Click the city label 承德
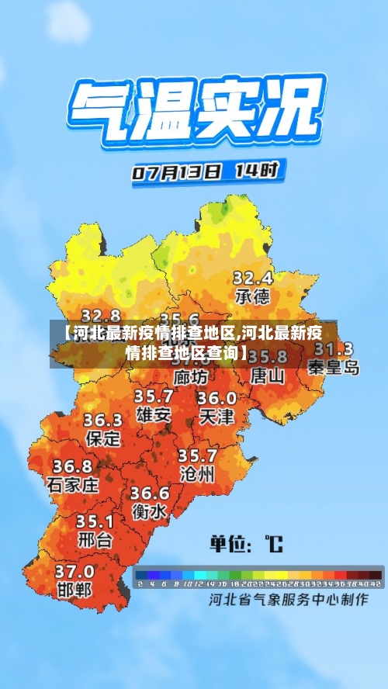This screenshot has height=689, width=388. (252, 296)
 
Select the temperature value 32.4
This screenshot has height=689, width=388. (252, 277)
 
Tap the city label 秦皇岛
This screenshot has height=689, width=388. (334, 368)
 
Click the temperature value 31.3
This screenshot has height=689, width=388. (334, 348)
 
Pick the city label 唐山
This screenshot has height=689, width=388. (268, 376)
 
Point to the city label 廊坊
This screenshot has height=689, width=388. (191, 377)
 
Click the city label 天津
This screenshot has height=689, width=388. (217, 417)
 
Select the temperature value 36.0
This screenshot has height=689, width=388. (217, 398)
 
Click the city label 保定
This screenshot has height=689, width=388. (102, 438)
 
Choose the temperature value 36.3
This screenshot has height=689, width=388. (102, 420)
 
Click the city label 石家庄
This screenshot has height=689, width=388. (73, 486)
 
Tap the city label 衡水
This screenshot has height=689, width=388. (148, 512)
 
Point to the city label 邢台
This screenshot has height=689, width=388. (95, 538)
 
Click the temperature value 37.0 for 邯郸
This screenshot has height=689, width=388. (74, 571)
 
